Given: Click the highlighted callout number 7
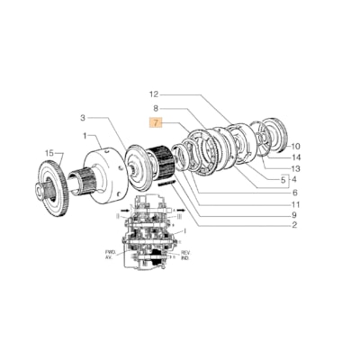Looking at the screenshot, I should coord(156,121).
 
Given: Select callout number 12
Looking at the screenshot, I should coord(153,94).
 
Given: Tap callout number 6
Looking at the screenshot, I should coord(295,191).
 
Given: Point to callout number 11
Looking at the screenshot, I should coord(295,202).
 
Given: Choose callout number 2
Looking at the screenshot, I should coord(295,225).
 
